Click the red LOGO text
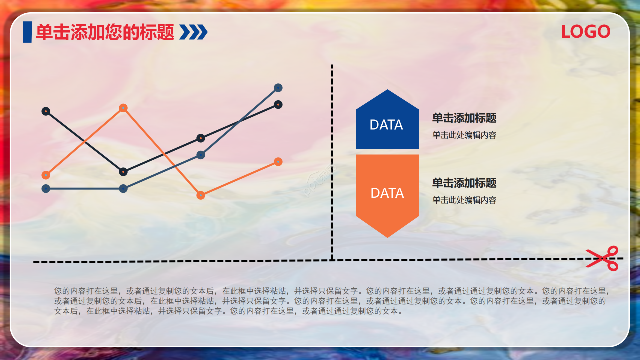coord(586,32)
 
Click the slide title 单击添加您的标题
coord(105,33)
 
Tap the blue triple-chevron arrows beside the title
coord(193,32)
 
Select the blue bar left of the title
coord(27,32)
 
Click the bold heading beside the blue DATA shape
coord(464,118)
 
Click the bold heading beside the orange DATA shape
coord(464,183)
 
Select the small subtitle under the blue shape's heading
coord(464,135)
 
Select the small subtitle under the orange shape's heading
coord(464,200)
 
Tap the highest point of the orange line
coord(123,108)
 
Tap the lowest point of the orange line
coord(201,195)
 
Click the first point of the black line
coord(46,111)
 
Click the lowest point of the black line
coord(123,172)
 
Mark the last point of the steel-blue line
coord(278,88)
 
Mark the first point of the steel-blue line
coord(46,189)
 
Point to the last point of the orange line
coord(278,162)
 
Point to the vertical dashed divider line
coord(332,160)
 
